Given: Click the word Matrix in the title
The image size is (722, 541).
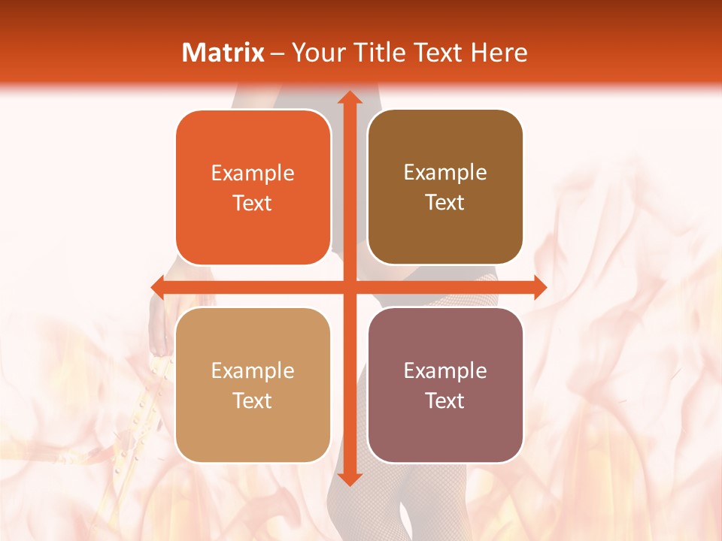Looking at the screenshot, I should tap(223, 53).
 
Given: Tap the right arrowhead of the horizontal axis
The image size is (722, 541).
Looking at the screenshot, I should tap(539, 287).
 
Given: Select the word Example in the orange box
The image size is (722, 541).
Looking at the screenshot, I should tap(253, 174).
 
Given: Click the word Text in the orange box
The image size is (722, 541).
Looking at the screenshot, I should tap(253, 203).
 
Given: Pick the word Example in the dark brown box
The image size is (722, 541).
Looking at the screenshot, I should tap(445, 173).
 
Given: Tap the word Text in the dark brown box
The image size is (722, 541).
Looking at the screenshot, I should tap(445, 202).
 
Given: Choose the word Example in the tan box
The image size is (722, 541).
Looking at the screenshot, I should tap(253, 371).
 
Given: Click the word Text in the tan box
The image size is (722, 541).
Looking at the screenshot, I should tap(253, 400).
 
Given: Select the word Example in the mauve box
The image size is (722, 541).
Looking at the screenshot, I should tap(445, 371).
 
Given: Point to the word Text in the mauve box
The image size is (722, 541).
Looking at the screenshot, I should tap(445, 400).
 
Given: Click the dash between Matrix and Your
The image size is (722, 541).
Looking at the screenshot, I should tap(278, 53).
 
